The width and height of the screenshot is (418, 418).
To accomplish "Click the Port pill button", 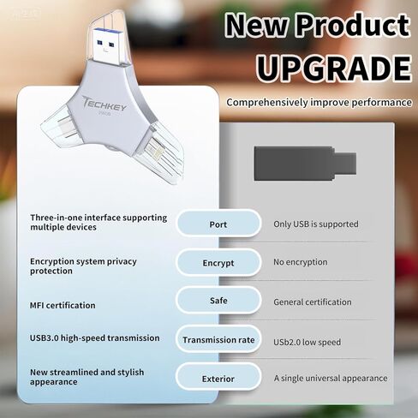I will [218, 224].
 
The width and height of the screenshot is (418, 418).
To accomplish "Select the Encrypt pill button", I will [218, 263].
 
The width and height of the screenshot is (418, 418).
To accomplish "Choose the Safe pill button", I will [218, 301].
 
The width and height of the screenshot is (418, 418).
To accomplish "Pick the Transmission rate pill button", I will [218, 340].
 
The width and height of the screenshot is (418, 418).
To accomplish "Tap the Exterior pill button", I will [218, 378].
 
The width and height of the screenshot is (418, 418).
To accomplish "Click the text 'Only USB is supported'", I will [316, 224].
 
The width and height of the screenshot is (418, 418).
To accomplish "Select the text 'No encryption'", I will [300, 262].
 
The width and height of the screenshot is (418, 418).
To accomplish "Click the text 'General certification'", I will [312, 302].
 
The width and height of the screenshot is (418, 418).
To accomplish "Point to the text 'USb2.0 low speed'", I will [307, 343].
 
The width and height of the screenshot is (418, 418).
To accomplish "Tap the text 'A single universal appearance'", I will [331, 378].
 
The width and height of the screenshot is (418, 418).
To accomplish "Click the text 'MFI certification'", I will [63, 305].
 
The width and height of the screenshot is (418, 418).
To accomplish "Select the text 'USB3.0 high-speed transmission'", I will [94, 338].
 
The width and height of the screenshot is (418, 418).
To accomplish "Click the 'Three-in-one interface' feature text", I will [99, 223].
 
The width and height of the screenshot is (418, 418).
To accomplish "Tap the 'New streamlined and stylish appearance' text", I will [87, 377].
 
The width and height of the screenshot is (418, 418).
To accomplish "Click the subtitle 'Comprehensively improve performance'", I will [319, 103].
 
